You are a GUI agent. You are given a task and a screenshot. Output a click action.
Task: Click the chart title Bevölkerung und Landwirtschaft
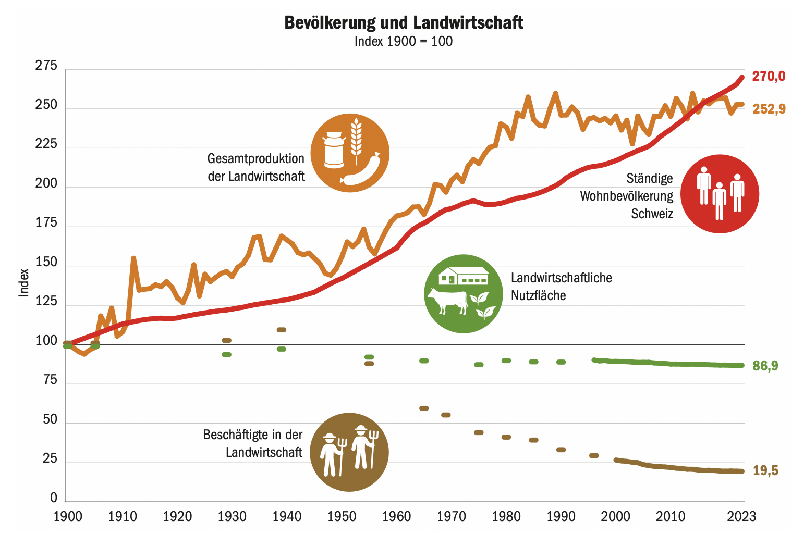click(x=404, y=22)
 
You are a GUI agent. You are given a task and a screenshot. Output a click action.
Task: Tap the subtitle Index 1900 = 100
click(x=404, y=42)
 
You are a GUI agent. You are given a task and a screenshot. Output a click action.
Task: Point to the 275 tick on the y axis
click(x=46, y=66)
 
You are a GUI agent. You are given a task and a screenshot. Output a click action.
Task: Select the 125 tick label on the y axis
click(x=46, y=302)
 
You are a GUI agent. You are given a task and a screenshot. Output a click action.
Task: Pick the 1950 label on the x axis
click(x=342, y=516)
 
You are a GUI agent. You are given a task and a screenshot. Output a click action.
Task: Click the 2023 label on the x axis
click(x=741, y=516)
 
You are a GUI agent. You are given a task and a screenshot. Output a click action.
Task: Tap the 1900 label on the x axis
click(x=68, y=516)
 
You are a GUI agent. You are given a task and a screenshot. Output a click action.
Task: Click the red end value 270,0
click(x=769, y=77)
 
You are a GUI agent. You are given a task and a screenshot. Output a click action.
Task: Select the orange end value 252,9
click(x=769, y=109)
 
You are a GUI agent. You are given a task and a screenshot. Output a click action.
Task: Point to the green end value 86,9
click(x=765, y=366)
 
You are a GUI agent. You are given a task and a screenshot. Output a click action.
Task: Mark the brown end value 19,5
click(x=765, y=471)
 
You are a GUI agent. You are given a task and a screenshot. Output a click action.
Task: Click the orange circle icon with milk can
click(x=350, y=153)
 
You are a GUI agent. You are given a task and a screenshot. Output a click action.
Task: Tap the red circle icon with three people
click(x=720, y=193)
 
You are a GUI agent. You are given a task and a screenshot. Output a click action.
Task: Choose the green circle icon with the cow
click(x=464, y=294)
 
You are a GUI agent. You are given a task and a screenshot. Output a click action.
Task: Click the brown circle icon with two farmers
click(x=349, y=452)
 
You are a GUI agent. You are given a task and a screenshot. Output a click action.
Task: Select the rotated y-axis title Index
click(x=24, y=283)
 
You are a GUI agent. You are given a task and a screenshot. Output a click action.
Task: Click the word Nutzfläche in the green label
click(x=538, y=296)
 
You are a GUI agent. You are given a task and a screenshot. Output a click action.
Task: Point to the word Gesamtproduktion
click(x=255, y=158)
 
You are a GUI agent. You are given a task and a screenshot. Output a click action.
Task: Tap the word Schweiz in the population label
click(x=652, y=214)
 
